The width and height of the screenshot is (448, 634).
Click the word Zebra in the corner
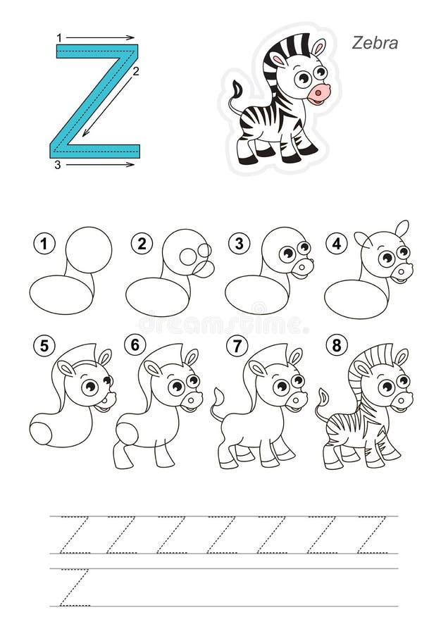pyautogui.click(x=375, y=43)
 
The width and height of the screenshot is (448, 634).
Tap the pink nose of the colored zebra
pyautogui.click(x=318, y=94)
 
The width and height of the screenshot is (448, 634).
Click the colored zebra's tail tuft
pyautogui.click(x=236, y=88)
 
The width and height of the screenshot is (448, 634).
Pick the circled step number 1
pyautogui.click(x=44, y=244)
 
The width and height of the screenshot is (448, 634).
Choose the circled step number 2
pyautogui.click(x=142, y=244)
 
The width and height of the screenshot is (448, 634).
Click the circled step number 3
pyautogui.click(x=239, y=244)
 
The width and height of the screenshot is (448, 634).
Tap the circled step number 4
pyautogui.click(x=337, y=244)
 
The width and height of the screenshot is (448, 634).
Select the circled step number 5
pyautogui.click(x=44, y=346)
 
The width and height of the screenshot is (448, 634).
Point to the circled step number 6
pyautogui.click(x=135, y=345)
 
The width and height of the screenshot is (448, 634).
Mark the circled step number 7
pyautogui.click(x=237, y=346)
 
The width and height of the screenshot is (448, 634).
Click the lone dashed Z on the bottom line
pyautogui.click(x=74, y=588)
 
